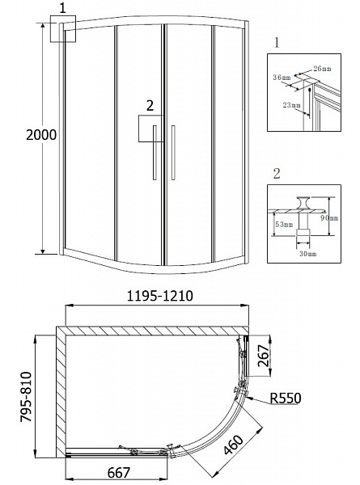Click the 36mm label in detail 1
[282, 78]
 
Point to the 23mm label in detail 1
[288, 104]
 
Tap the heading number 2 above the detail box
[277, 173]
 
